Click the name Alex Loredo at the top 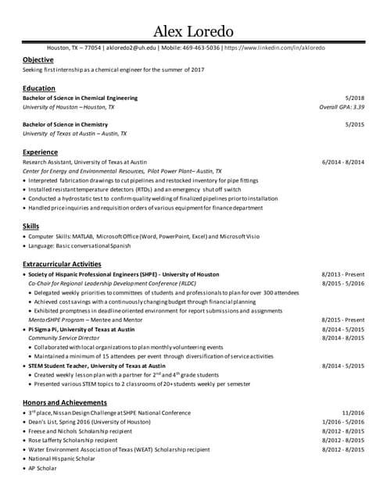click(193, 31)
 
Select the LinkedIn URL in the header click(275, 48)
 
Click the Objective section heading click(38, 59)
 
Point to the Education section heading click(39, 88)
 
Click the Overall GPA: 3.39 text click(342, 107)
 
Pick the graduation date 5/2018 click(354, 98)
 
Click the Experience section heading click(41, 152)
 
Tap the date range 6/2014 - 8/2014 click(342, 162)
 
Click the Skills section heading click(31, 226)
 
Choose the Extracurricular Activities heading click(62, 264)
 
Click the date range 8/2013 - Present click(342, 274)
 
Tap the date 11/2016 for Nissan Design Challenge click(353, 412)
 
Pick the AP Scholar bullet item click(43, 468)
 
